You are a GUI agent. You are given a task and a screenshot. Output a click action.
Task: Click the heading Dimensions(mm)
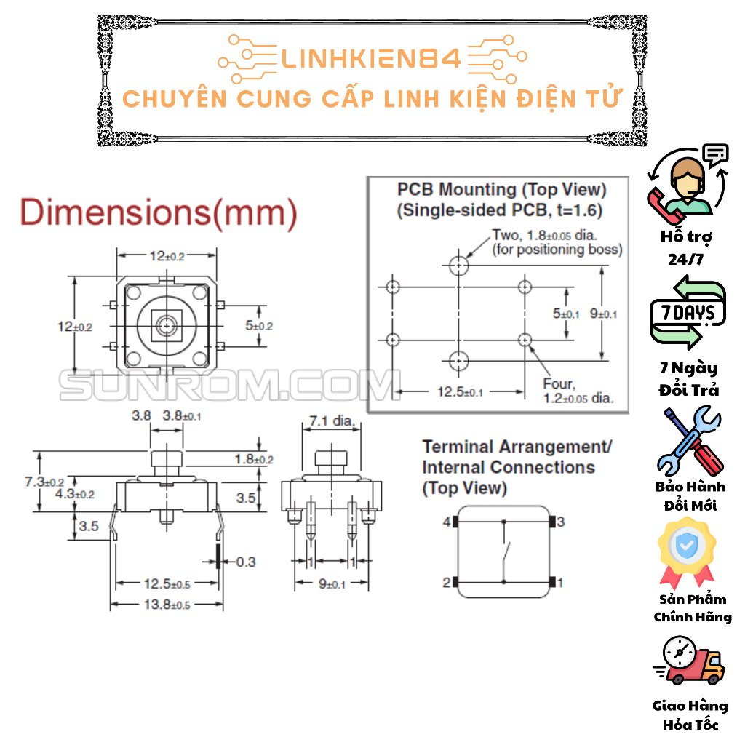(159, 212)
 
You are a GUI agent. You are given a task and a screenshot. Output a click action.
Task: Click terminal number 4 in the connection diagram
(446, 522)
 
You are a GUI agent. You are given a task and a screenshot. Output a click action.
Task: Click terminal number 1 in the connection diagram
(560, 582)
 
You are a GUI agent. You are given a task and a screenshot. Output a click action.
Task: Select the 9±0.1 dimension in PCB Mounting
(604, 314)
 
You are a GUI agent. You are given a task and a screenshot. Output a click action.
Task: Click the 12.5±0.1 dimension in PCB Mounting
(460, 392)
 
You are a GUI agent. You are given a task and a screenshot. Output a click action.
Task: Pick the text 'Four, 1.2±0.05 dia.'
(578, 391)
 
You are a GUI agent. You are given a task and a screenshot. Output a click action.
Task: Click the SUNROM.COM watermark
(229, 385)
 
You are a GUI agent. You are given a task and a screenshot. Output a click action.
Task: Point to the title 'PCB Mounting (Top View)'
(501, 190)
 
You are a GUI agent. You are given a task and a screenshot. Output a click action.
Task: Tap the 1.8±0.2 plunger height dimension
(253, 459)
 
